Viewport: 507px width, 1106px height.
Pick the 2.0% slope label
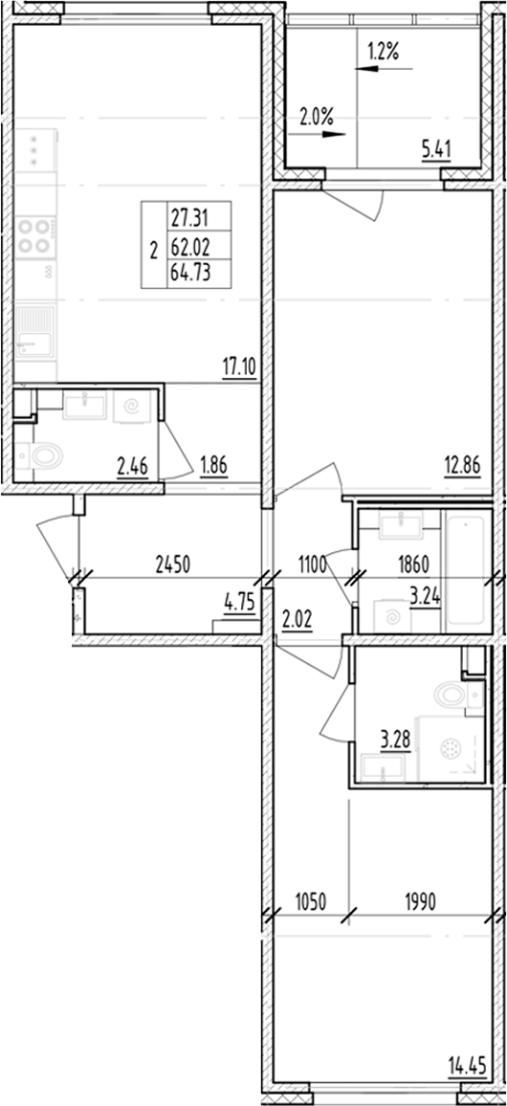click(316, 119)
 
